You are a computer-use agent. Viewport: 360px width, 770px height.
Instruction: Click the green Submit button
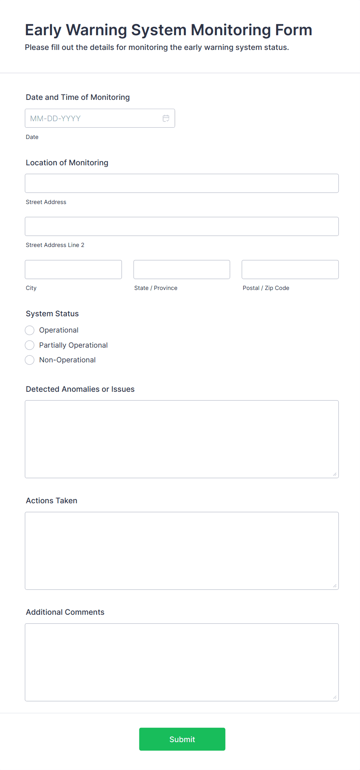click(182, 739)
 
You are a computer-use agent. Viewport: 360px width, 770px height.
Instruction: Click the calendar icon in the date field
click(166, 118)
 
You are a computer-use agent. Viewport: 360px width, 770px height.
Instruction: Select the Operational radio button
click(30, 330)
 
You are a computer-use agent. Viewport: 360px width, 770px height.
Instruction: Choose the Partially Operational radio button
click(30, 345)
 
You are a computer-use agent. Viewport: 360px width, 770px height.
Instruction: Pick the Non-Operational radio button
click(30, 360)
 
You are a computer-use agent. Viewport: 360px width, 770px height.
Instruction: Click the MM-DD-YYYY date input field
click(93, 118)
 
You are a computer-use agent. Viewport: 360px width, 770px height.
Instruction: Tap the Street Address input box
click(182, 183)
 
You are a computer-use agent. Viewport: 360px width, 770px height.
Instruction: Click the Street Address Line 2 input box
click(182, 226)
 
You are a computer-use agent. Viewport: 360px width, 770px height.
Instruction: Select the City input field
click(73, 269)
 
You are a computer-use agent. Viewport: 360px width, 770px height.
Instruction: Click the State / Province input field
click(182, 269)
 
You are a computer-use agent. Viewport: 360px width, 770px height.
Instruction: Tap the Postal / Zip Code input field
click(290, 269)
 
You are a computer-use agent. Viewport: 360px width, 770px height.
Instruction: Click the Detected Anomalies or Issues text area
click(182, 439)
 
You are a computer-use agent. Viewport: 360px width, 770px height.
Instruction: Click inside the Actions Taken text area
click(182, 550)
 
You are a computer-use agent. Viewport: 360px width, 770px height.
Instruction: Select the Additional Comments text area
click(182, 662)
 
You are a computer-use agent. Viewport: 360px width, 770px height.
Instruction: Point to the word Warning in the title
click(96, 30)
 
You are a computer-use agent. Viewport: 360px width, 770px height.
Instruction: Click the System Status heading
click(52, 314)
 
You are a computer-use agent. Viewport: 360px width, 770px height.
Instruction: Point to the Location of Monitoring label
click(67, 163)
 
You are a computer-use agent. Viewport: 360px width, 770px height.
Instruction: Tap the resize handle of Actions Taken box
click(335, 586)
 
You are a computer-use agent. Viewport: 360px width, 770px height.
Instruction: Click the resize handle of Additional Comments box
click(335, 697)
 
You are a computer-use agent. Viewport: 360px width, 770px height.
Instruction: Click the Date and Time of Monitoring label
click(78, 97)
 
